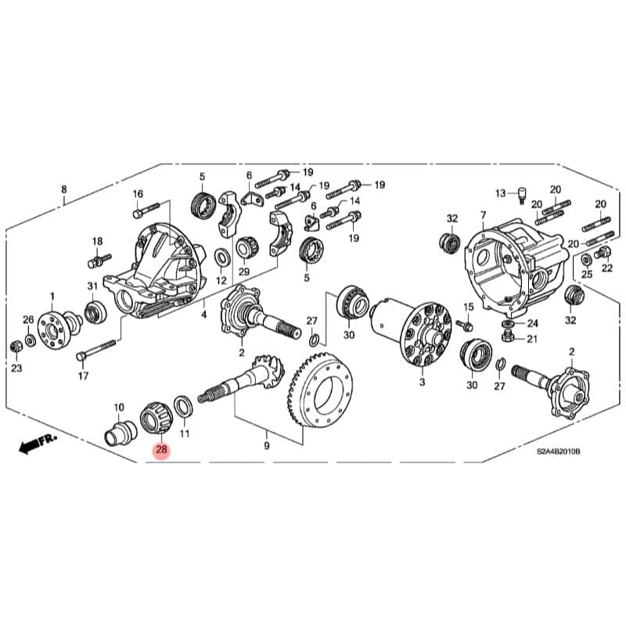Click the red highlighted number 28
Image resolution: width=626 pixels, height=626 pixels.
(162, 449)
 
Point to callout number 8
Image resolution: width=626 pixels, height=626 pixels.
(64, 189)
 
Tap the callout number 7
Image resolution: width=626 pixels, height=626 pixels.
(483, 214)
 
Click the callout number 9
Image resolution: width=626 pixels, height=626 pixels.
(266, 445)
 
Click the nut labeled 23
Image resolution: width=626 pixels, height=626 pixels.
(16, 346)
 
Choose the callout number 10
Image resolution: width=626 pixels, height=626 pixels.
(119, 408)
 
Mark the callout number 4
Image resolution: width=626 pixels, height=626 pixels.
(203, 315)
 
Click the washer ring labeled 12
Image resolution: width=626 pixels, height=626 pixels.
(221, 256)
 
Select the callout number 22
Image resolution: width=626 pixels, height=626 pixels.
(607, 268)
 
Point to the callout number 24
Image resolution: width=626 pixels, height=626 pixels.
(532, 322)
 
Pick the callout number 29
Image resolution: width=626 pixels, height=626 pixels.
(243, 272)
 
